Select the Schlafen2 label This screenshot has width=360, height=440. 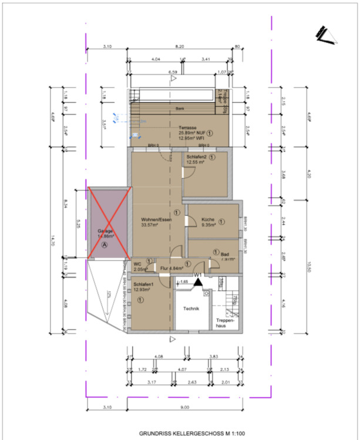click(x=197, y=157)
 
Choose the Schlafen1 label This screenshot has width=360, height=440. click(x=143, y=284)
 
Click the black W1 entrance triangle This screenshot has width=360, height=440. click(x=199, y=282)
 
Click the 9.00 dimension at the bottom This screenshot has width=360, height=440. click(x=184, y=407)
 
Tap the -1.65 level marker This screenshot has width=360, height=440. click(x=183, y=282)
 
